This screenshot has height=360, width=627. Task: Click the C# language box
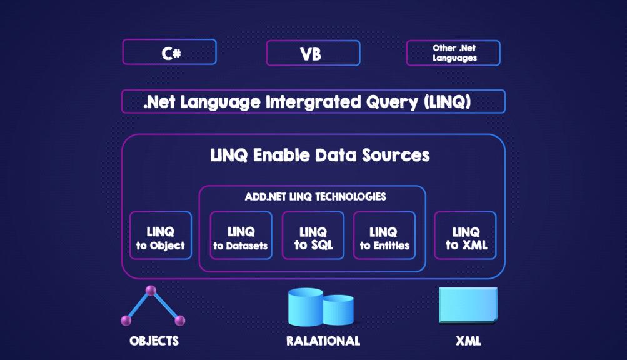[x=169, y=52]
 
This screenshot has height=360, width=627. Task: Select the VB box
[x=313, y=53]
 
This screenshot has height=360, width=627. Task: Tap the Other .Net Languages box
[x=453, y=53]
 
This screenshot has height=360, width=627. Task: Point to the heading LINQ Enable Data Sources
[x=320, y=155]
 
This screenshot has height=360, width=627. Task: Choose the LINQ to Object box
[x=161, y=238]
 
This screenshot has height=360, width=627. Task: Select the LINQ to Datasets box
[x=241, y=238]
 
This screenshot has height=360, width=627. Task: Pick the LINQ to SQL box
[x=313, y=238]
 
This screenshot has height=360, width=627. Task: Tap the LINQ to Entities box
[x=384, y=238]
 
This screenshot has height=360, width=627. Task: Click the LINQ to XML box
[x=466, y=238]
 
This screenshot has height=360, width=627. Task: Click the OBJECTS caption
[x=154, y=341]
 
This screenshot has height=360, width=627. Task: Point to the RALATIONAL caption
[x=323, y=341]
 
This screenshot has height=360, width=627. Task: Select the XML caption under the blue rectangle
[x=468, y=341]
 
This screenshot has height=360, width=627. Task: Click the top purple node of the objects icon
[x=151, y=291]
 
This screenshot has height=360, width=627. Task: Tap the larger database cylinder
[x=305, y=308]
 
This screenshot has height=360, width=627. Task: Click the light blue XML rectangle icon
[x=468, y=304]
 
